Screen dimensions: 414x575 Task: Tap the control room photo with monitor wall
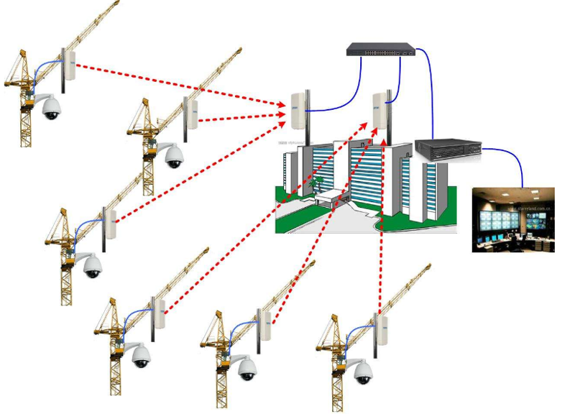(x=513, y=219)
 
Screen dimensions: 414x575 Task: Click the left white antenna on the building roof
(x=298, y=110)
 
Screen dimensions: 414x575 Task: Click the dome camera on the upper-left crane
(x=51, y=109)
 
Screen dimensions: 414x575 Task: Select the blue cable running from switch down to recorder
(x=432, y=93)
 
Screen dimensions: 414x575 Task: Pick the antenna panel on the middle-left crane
(x=111, y=225)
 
